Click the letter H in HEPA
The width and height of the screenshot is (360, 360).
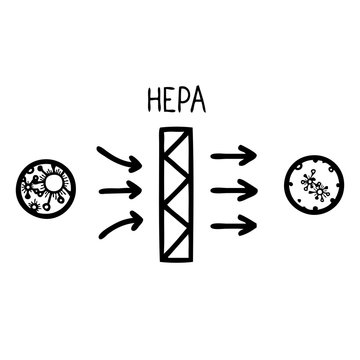point(154,101)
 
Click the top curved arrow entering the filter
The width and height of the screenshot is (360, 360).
point(118,155)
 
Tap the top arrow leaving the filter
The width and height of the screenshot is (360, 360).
point(235,154)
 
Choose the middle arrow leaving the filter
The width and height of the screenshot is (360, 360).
point(236,188)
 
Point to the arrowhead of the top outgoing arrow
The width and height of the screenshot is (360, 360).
point(253,154)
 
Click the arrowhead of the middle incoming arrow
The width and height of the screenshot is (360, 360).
point(137,188)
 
